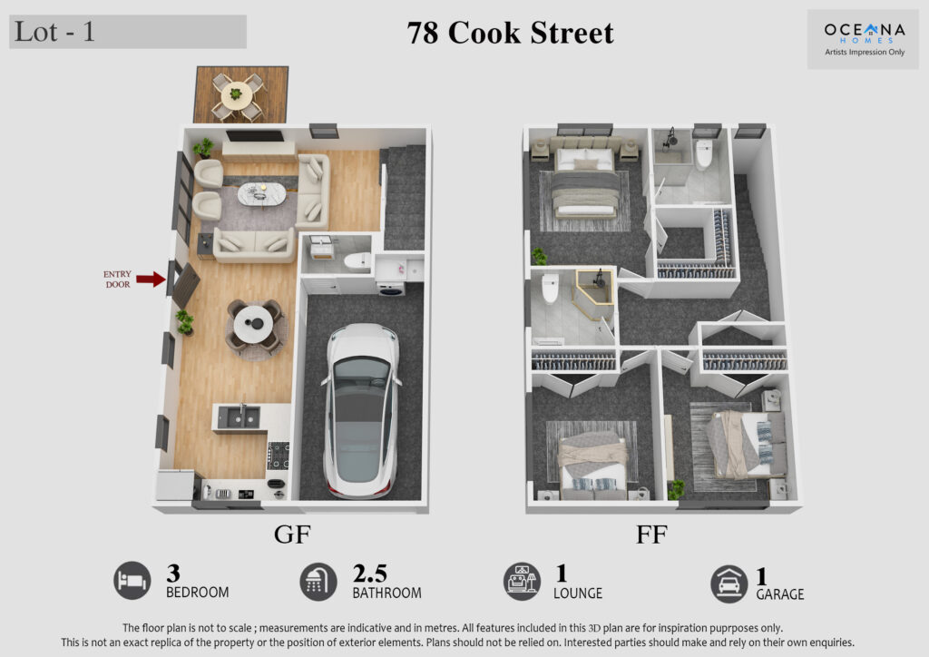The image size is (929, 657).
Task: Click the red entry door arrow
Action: [x=150, y=279]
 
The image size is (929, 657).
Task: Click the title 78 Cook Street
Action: [x=511, y=34]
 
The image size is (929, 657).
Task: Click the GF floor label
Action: [x=291, y=534]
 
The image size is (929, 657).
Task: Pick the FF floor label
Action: [x=650, y=534]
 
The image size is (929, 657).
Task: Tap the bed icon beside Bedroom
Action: [x=132, y=581]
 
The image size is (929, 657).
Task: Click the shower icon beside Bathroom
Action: [x=318, y=581]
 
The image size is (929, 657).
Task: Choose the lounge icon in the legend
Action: [x=522, y=581]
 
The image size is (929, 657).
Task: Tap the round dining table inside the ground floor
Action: [x=253, y=321]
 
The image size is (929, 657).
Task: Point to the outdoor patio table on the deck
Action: [x=237, y=93]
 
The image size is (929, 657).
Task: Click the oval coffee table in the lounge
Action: [x=260, y=194]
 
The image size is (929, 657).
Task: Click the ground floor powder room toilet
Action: [x=356, y=261]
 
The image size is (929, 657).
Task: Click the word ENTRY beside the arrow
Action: [x=117, y=274]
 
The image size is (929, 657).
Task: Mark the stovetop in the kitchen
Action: [x=278, y=453]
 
